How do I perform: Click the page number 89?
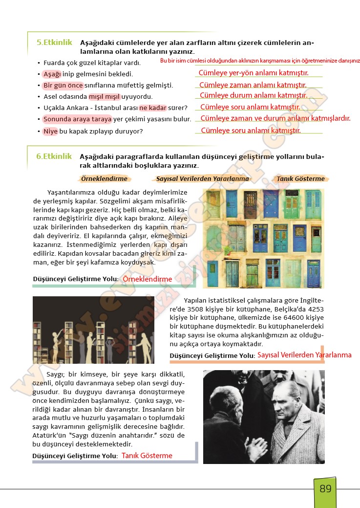325,488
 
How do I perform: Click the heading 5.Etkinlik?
54,43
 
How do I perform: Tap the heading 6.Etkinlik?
54,156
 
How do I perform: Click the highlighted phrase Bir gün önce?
63,86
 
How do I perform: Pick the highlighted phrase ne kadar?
152,108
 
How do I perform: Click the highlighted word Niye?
50,131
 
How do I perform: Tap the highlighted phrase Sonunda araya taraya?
77,119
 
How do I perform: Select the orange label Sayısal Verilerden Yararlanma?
203,179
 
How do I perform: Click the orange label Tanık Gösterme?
300,179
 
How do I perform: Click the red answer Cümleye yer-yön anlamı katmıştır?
254,73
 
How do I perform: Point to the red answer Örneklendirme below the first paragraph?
148,279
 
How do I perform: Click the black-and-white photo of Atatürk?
263,417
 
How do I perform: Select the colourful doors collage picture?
263,239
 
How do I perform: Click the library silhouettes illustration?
93,330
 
